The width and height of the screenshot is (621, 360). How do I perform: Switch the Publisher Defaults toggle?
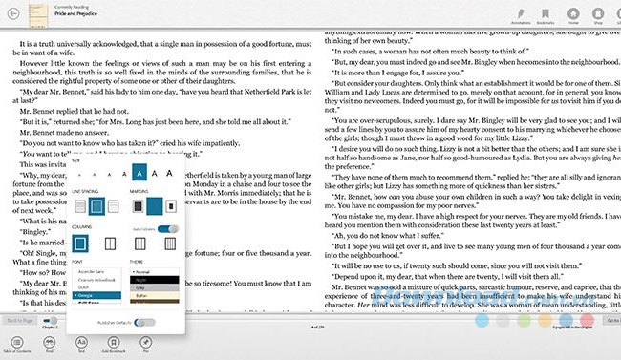145,322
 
